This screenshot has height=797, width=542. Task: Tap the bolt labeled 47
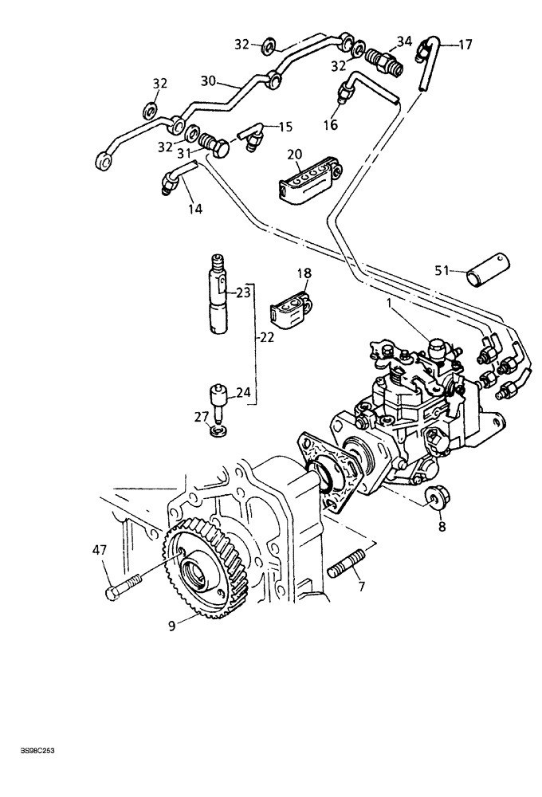point(123,586)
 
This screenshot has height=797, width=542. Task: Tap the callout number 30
point(209,80)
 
